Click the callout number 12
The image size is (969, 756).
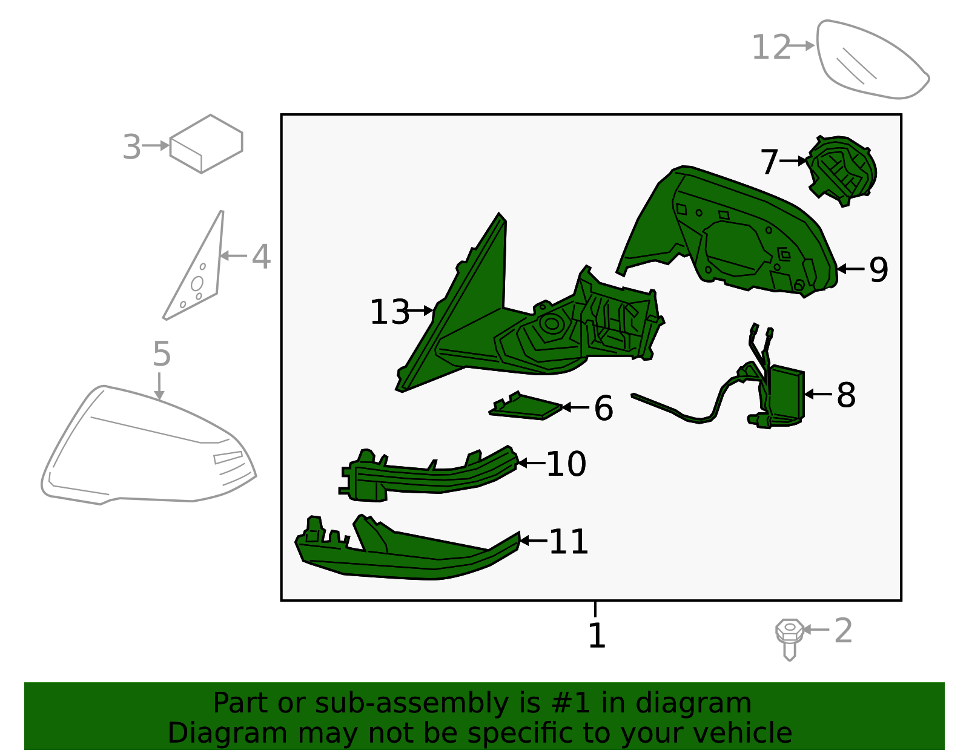(770, 47)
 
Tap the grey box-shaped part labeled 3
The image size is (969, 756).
(206, 144)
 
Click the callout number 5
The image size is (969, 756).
(162, 353)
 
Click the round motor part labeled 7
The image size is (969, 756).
(842, 171)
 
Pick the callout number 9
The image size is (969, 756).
(878, 270)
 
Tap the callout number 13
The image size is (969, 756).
(389, 312)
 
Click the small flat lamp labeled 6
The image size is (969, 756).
(526, 406)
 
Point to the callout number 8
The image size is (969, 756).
(846, 395)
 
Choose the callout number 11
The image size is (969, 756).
(569, 542)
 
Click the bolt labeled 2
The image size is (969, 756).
(789, 639)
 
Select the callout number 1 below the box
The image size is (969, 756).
(597, 636)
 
